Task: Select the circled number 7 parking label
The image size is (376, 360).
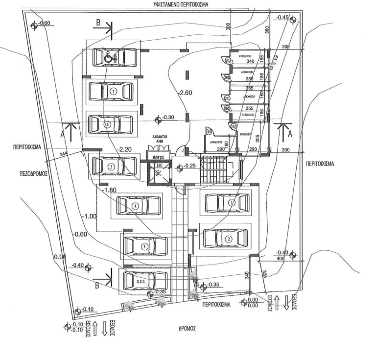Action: [x=113, y=91]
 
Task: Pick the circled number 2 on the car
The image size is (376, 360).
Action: [x=229, y=239]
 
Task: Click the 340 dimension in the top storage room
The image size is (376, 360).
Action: [x=250, y=61]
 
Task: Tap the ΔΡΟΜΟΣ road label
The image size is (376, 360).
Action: [x=188, y=329]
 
